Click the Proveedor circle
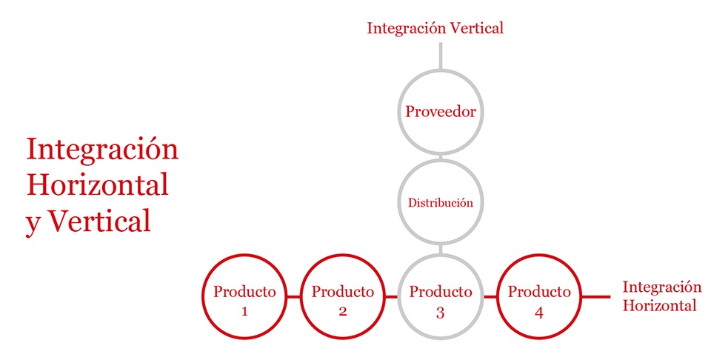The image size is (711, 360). point(441,70)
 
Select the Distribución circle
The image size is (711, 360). point(441,160)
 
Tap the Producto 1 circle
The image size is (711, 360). point(245,256)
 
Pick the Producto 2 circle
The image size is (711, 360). point(343,256)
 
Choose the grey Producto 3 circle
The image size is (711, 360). point(441,256)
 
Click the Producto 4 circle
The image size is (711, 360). point(538,256)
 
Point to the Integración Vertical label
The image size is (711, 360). point(435,29)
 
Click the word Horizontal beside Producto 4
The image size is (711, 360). point(659,305)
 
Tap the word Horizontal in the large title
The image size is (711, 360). point(98,185)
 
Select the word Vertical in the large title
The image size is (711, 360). point(99,221)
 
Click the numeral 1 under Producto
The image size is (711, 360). point(244,312)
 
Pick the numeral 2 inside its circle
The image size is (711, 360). point(343,312)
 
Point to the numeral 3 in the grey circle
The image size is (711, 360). point(440,313)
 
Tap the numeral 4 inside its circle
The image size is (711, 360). point(538,313)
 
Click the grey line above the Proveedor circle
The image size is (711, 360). point(441,56)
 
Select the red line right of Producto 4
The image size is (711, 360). point(595,297)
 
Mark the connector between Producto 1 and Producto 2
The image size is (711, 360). point(294,297)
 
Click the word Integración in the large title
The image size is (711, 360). point(102,150)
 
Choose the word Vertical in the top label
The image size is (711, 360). point(475,28)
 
